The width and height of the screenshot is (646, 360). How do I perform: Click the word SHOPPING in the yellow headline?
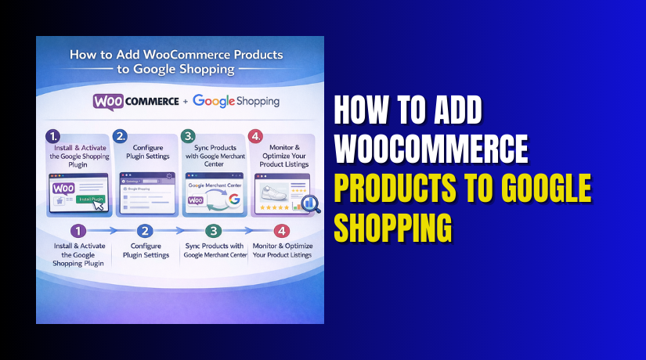(394, 227)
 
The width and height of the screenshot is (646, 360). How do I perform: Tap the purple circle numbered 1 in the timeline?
(78, 232)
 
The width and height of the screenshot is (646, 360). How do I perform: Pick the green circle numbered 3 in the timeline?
(214, 232)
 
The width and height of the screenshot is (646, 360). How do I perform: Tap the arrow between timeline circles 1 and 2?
(112, 232)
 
